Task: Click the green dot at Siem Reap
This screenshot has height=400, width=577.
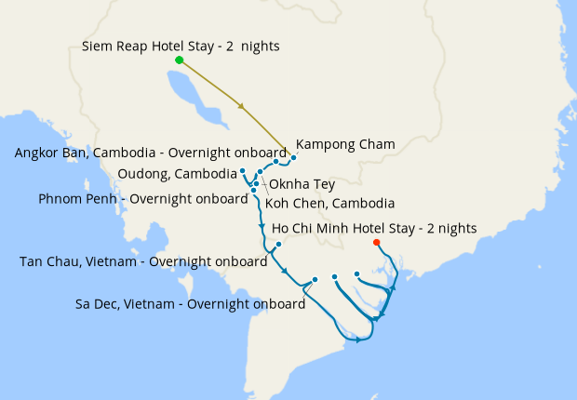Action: [x=179, y=60]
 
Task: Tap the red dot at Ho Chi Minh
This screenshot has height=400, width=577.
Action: [x=376, y=243]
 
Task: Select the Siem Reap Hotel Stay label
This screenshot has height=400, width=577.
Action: [x=181, y=46]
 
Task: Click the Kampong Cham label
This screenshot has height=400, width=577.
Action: [x=345, y=144]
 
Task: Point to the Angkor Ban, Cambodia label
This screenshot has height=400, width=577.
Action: [x=151, y=153]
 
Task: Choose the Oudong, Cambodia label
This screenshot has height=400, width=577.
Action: [x=177, y=174]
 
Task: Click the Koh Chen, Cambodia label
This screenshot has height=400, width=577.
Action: [x=329, y=203]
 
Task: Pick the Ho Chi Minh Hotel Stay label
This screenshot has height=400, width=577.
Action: [x=374, y=228]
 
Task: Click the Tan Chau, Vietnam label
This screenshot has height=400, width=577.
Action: [x=143, y=261]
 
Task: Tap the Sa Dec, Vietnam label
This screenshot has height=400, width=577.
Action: [x=190, y=303]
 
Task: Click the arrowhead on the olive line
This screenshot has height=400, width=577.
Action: [x=242, y=106]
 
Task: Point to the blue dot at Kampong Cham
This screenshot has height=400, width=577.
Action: [x=293, y=158]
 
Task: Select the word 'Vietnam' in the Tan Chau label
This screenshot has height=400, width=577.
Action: [x=115, y=261]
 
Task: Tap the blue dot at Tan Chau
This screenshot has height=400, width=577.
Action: [x=278, y=245]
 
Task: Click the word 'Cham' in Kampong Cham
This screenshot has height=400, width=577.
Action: [x=377, y=144]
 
